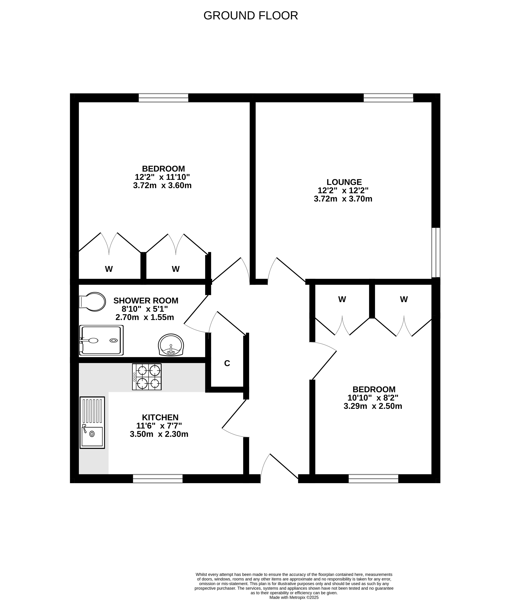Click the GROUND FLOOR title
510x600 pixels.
pos(251,16)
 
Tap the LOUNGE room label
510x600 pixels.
pos(344,182)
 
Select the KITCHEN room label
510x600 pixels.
pos(160,417)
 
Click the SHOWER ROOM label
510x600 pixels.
pos(146,301)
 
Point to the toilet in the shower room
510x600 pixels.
pos(92,302)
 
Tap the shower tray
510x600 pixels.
pos(101,340)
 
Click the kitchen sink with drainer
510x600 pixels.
pos(92,423)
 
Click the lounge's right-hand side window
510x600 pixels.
pos(436,252)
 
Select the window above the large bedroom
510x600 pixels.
pos(163,98)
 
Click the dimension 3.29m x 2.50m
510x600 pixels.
pos(373,406)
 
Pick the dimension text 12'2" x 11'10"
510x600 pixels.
pos(162,177)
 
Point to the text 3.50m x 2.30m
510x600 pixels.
pos(159,434)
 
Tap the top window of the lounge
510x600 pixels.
pos(388,98)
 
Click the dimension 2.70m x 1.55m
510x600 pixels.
pos(145,317)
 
